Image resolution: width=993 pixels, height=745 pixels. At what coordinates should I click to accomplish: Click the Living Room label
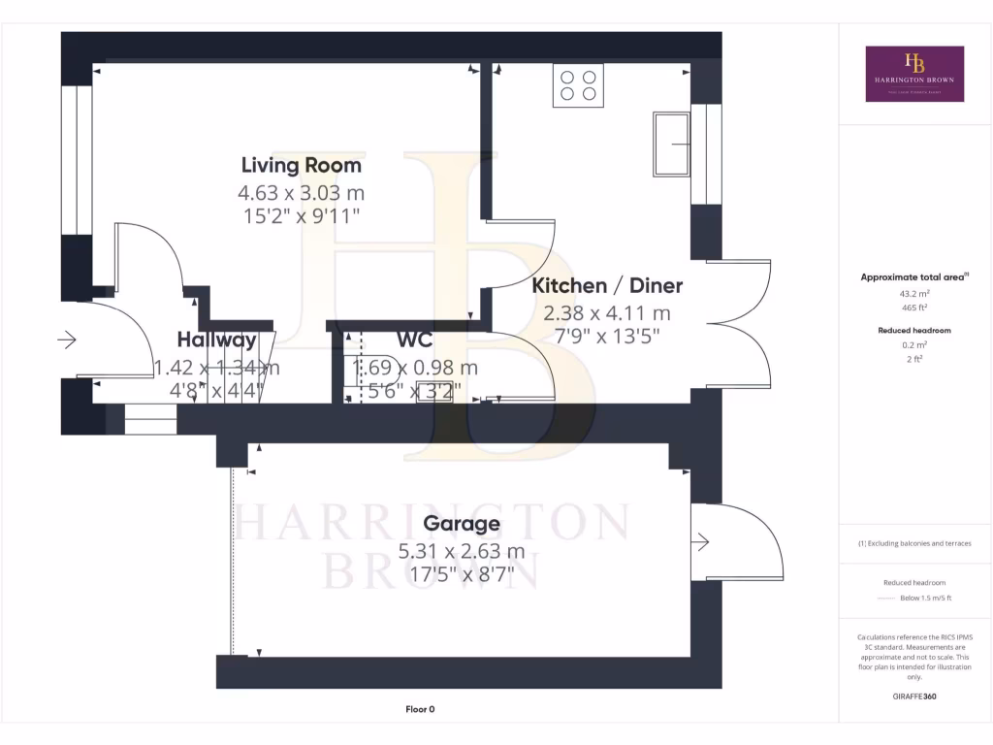[x=301, y=166]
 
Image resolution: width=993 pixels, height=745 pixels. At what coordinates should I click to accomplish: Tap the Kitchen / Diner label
[x=607, y=286]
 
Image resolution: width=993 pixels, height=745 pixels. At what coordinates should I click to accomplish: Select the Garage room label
[x=462, y=525]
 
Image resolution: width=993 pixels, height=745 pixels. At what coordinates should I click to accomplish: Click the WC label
[x=414, y=340]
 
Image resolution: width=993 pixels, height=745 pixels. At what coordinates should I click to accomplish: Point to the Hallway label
[x=216, y=340]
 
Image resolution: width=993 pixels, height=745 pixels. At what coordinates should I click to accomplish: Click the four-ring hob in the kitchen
[x=578, y=84]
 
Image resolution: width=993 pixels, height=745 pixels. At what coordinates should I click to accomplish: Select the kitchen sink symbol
[x=671, y=144]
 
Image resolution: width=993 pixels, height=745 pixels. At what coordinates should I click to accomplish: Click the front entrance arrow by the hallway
[x=68, y=340]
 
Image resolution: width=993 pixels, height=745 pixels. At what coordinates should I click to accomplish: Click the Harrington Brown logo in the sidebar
[x=914, y=74]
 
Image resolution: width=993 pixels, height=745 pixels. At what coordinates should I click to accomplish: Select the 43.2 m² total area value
[x=914, y=293]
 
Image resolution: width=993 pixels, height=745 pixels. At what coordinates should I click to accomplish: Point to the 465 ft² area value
[x=914, y=307]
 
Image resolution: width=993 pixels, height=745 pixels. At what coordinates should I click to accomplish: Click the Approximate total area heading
[x=914, y=277]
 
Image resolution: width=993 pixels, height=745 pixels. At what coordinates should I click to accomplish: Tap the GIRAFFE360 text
[x=914, y=696]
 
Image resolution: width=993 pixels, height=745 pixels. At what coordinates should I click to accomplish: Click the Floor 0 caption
[x=419, y=709]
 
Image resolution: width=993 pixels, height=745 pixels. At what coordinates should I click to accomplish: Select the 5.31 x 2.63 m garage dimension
[x=462, y=552]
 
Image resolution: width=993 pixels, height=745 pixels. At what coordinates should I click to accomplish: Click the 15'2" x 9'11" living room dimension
[x=301, y=215]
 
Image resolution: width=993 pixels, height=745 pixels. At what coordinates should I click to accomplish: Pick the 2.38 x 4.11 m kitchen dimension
[x=607, y=313]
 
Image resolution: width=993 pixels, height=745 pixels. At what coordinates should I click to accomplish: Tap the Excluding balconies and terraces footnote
[x=914, y=543]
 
